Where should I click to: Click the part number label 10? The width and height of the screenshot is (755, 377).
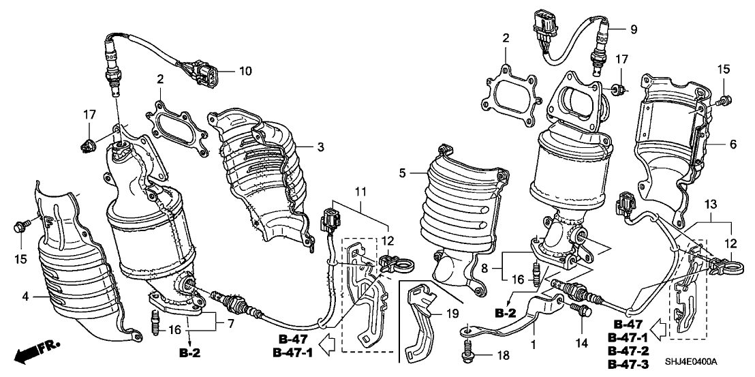tap(245, 71)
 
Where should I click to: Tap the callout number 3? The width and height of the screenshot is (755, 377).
tap(319, 146)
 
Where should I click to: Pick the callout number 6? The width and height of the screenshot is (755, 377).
tap(733, 145)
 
